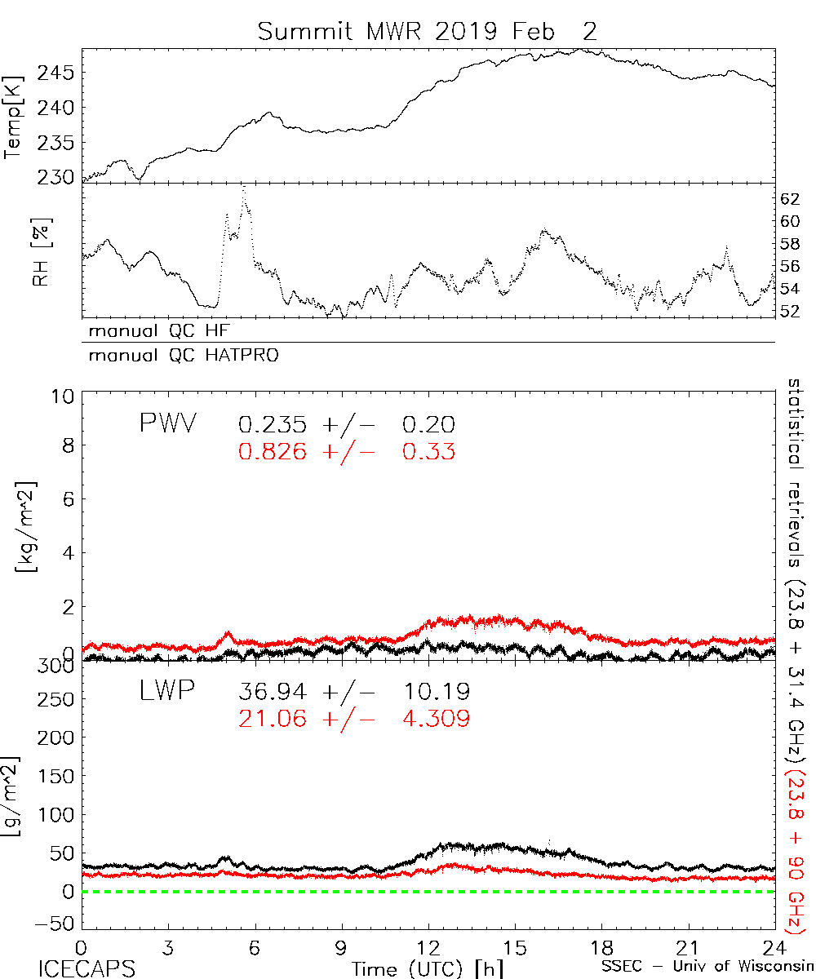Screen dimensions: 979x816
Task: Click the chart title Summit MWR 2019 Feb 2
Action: coord(427,32)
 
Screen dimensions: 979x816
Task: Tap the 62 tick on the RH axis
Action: coord(791,198)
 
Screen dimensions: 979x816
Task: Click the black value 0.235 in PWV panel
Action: coord(274,424)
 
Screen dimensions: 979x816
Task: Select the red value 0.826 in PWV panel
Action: coord(274,450)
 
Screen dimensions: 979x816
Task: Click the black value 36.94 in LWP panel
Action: coord(274,692)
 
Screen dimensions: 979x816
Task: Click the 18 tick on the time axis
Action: coord(601,948)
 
